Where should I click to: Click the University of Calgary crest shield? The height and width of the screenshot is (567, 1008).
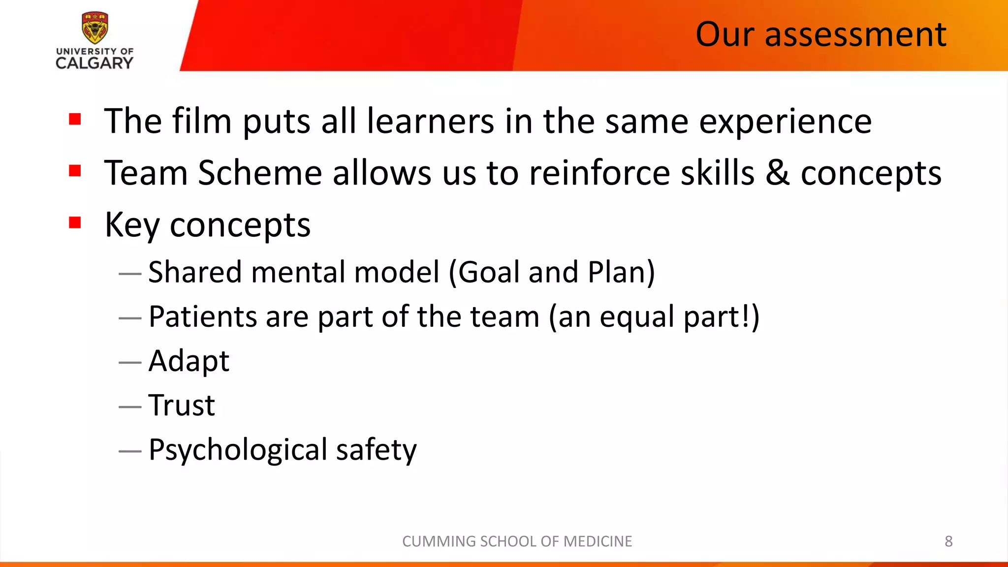[94, 28]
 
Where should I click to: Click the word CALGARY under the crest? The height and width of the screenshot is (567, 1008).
[94, 63]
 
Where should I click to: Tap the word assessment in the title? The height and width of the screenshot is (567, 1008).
[855, 34]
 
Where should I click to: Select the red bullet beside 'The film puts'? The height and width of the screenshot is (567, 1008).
[75, 119]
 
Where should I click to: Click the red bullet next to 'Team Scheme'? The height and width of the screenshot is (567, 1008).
[75, 171]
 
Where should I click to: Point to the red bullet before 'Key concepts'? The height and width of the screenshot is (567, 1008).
[75, 222]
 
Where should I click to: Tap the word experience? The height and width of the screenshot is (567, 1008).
[786, 122]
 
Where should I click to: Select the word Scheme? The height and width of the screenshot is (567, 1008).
[260, 173]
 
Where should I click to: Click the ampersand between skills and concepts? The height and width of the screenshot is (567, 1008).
[778, 173]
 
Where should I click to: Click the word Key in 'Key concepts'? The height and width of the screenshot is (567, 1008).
[132, 225]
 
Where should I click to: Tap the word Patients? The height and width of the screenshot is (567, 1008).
[203, 316]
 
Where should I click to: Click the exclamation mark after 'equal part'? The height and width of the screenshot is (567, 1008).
[745, 316]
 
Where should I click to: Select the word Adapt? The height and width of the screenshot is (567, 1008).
[189, 362]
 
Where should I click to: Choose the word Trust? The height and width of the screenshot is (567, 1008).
[182, 406]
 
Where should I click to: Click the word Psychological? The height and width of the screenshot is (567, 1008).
[238, 450]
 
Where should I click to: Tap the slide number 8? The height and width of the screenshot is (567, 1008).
[948, 541]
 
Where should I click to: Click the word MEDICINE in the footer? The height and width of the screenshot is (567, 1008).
[598, 541]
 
